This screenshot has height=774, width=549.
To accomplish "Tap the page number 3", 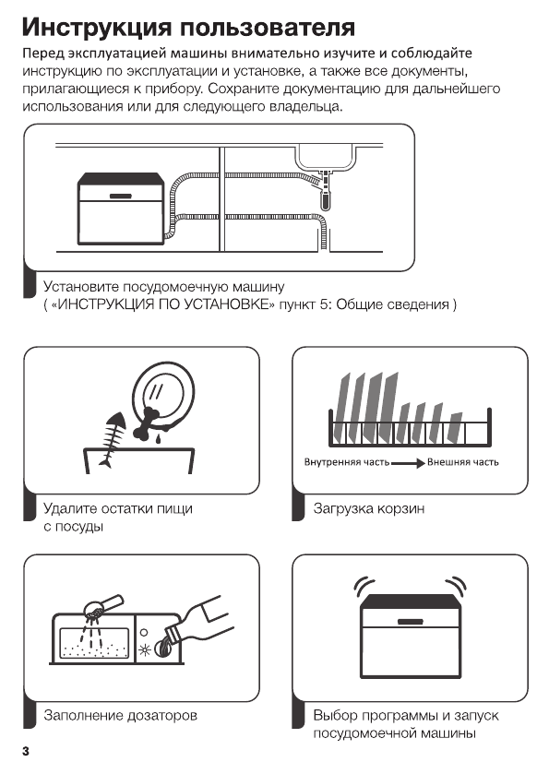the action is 26,752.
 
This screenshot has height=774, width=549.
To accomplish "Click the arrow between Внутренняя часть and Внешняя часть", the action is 408,463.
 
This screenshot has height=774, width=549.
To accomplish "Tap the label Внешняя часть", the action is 462,462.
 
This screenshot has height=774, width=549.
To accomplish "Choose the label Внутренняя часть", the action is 347,462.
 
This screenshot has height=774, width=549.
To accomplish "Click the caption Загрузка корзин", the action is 369,508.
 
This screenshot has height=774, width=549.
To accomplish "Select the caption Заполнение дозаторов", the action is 121,715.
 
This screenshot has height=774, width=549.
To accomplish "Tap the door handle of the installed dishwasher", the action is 121,196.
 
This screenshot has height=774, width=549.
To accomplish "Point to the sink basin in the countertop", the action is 326,158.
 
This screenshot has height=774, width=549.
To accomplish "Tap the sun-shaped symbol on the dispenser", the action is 145,649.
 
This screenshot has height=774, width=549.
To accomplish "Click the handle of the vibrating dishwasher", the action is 411,622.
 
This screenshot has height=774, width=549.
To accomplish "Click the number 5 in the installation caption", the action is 323,304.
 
